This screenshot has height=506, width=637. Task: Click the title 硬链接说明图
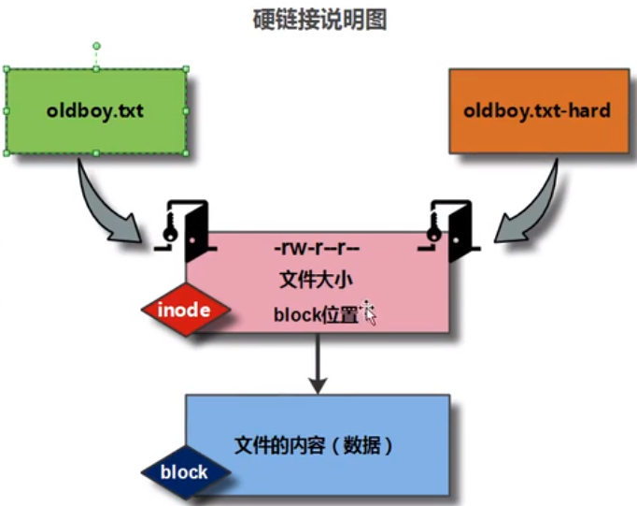(x=319, y=20)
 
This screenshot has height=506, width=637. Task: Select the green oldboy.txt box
(x=95, y=110)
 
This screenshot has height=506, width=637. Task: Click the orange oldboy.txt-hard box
(x=537, y=110)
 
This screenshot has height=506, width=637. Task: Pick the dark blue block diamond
(x=184, y=472)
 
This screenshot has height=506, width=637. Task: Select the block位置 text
(x=316, y=314)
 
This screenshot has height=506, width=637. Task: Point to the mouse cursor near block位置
(x=368, y=312)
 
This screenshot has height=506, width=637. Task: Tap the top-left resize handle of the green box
(x=7, y=68)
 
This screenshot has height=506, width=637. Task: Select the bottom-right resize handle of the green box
(x=186, y=153)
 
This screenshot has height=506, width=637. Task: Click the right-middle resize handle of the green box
(x=186, y=110)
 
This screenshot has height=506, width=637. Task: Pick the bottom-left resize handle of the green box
(x=7, y=153)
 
